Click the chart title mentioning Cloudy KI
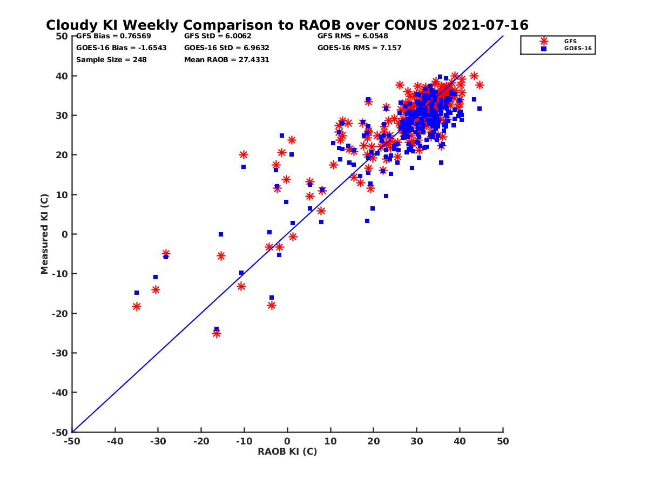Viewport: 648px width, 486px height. pyautogui.click(x=287, y=25)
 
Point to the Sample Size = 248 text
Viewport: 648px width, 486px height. pyautogui.click(x=111, y=59)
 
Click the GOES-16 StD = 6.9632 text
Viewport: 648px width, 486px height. pyautogui.click(x=226, y=48)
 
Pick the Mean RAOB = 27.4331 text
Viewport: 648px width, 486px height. pyautogui.click(x=226, y=59)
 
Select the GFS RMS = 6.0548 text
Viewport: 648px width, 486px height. pyautogui.click(x=353, y=36)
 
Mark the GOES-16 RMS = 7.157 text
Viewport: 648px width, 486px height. pyautogui.click(x=359, y=48)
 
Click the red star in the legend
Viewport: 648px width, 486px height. pyautogui.click(x=544, y=41)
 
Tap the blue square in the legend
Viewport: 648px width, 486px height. pyautogui.click(x=544, y=49)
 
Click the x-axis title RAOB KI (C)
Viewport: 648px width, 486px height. pyautogui.click(x=287, y=451)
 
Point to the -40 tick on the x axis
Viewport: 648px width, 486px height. pyautogui.click(x=114, y=441)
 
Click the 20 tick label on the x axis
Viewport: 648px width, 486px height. pyautogui.click(x=374, y=441)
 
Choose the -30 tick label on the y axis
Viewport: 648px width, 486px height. pyautogui.click(x=61, y=353)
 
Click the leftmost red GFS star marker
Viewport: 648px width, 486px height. pyautogui.click(x=137, y=307)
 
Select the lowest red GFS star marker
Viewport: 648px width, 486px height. pyautogui.click(x=217, y=334)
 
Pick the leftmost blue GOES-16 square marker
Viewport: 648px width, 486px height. pyautogui.click(x=137, y=293)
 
